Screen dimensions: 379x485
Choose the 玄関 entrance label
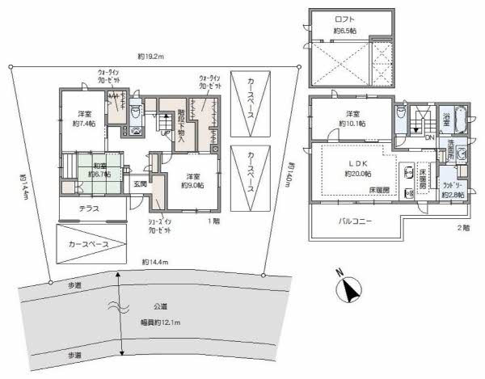pyautogui.click(x=139, y=184)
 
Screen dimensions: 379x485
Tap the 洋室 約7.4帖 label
pyautogui.click(x=84, y=119)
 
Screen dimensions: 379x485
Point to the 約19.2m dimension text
pyautogui.click(x=150, y=57)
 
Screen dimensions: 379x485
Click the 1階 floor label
pyautogui.click(x=213, y=220)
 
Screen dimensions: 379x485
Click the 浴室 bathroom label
pyautogui.click(x=446, y=118)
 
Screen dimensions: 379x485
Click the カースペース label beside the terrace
pyautogui.click(x=89, y=242)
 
